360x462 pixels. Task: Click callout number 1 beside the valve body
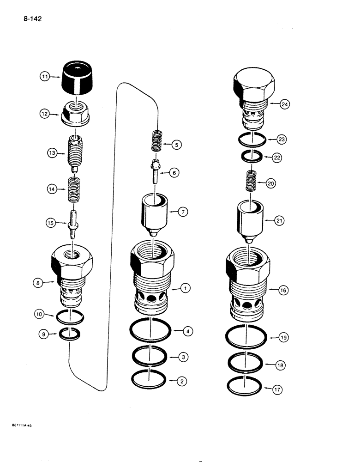point(185,289)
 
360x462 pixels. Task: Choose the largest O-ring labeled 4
point(151,331)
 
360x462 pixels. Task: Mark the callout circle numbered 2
point(182,381)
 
